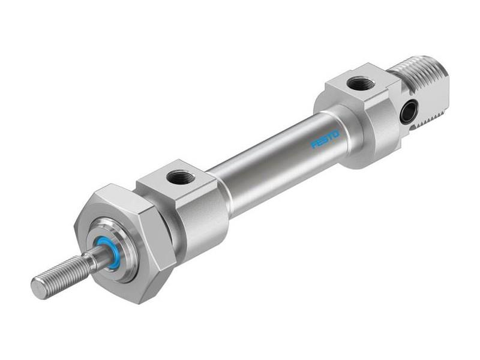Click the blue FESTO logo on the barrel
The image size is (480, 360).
coord(325,139)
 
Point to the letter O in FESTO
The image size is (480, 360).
coord(336,134)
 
